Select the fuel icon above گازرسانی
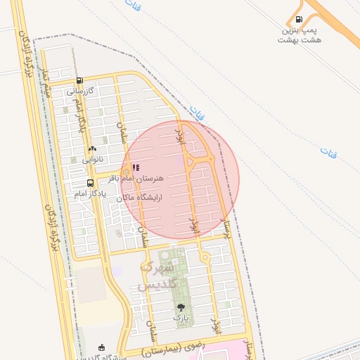[79, 80]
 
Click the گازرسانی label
[79, 91]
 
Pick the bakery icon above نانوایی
[92, 149]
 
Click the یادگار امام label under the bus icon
[90, 193]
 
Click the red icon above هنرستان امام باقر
[136, 168]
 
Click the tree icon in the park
[181, 307]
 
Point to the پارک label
[181, 319]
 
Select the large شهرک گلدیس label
[157, 276]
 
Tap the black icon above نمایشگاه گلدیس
[101, 347]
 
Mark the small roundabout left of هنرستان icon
[124, 171]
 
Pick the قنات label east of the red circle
[328, 151]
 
